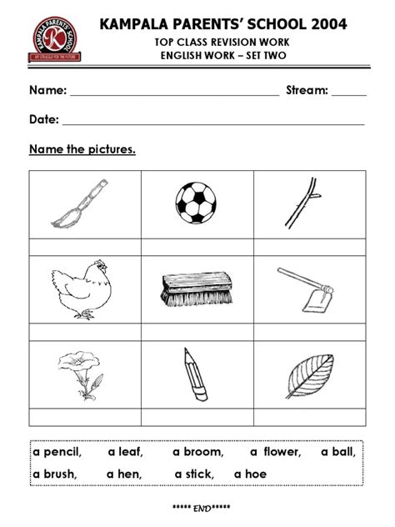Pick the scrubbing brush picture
coord(195,289)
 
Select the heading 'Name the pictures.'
coord(82,150)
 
